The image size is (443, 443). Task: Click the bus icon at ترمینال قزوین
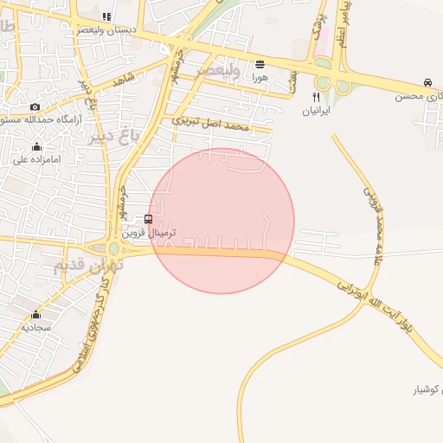click(x=149, y=220)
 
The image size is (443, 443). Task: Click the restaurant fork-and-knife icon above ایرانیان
click(x=316, y=98)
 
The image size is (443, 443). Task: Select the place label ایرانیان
click(x=316, y=112)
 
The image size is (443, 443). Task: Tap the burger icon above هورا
click(x=260, y=64)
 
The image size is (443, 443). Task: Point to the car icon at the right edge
click(x=427, y=83)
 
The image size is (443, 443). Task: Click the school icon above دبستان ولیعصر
click(x=106, y=16)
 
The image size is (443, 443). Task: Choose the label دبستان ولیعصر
click(x=106, y=29)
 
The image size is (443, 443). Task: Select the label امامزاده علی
click(x=35, y=159)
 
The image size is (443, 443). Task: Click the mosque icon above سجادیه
click(x=35, y=315)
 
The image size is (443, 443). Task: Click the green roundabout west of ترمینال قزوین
click(x=113, y=248)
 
